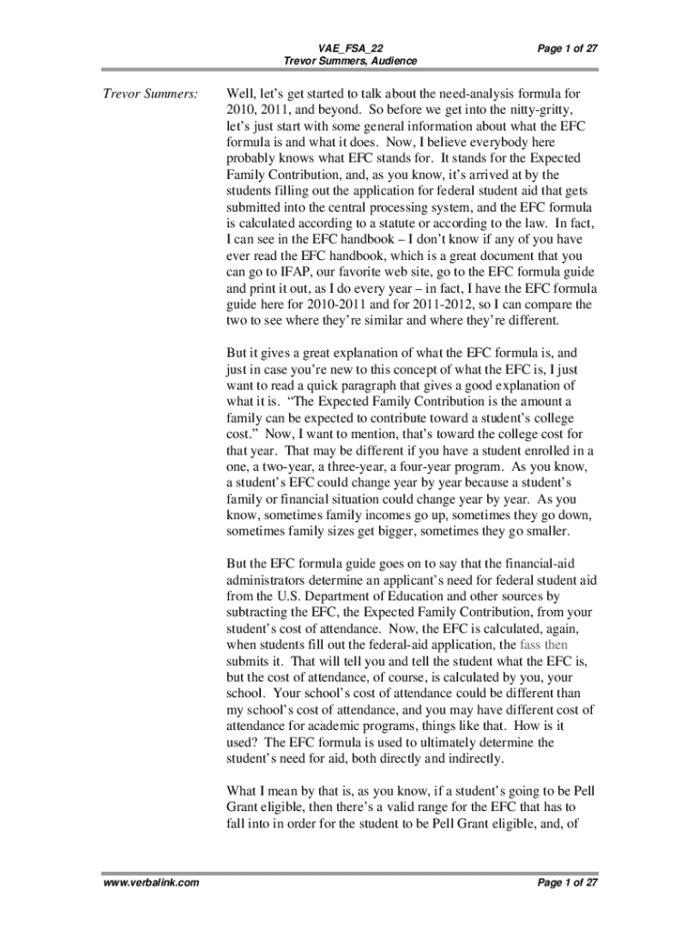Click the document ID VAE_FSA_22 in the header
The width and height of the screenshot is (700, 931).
coord(350,47)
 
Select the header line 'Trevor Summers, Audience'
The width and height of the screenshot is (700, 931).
coord(350,61)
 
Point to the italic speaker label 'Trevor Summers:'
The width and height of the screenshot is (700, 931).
coord(150,94)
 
